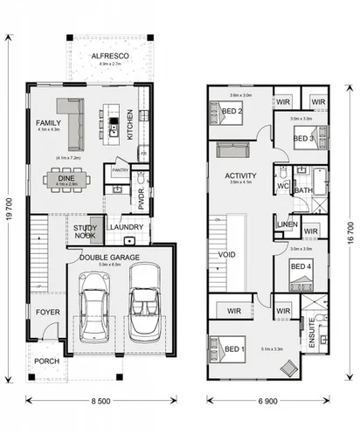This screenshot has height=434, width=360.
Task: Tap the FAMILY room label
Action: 48,124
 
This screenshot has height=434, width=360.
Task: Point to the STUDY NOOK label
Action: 85,231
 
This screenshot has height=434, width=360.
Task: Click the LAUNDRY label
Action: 126,229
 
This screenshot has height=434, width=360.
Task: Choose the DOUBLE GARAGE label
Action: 113,257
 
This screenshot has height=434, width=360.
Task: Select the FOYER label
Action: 45,312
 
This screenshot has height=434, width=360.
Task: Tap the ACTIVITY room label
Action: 239,175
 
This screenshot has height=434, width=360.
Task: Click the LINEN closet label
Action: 286,225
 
